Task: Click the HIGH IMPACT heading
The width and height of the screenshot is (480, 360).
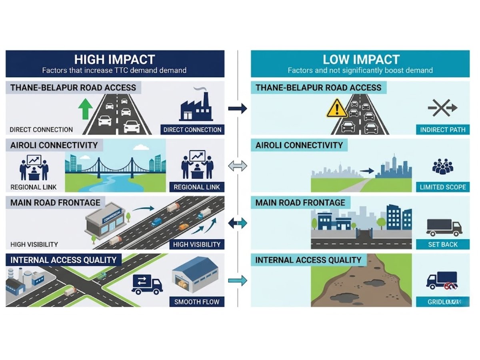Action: coord(114,60)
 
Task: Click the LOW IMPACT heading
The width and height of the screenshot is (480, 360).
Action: coord(361,60)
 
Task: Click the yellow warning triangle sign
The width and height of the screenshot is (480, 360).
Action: coord(337,108)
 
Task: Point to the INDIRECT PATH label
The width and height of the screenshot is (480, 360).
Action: coord(443,130)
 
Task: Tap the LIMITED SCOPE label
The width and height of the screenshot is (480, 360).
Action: coord(443,187)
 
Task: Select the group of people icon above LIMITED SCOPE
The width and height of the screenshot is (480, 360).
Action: coord(443,166)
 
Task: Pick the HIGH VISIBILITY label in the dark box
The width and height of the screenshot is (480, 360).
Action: coord(196,244)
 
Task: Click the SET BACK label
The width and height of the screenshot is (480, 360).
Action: coord(443,244)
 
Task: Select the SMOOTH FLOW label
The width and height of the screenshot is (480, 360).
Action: coord(196,302)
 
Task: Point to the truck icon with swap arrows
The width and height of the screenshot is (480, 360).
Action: coord(147,284)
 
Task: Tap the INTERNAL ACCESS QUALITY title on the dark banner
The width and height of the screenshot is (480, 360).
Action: coord(63,260)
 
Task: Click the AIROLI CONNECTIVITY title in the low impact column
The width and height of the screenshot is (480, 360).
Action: coord(299,145)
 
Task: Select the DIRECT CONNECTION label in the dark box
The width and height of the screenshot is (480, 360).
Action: coord(192,130)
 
